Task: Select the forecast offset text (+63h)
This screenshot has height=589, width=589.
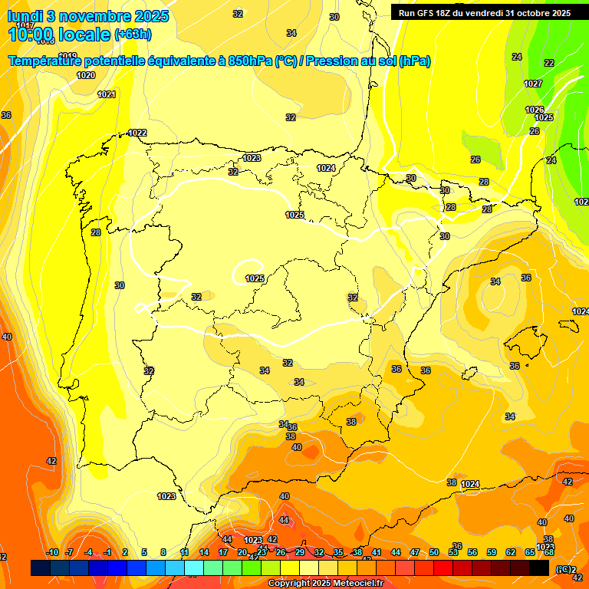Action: (133, 35)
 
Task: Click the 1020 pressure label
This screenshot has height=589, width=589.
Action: (86, 75)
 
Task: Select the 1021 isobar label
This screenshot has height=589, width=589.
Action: (107, 94)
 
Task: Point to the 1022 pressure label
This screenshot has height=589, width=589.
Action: (137, 133)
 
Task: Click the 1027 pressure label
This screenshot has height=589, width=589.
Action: (533, 84)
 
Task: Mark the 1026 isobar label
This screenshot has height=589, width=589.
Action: (534, 110)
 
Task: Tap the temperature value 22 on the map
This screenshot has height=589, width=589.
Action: (549, 63)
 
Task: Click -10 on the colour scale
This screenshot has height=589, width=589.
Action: (52, 552)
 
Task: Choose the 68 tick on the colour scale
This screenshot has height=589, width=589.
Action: (549, 552)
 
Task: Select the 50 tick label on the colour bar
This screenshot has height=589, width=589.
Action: (434, 552)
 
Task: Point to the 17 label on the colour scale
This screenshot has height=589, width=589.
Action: (223, 552)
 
